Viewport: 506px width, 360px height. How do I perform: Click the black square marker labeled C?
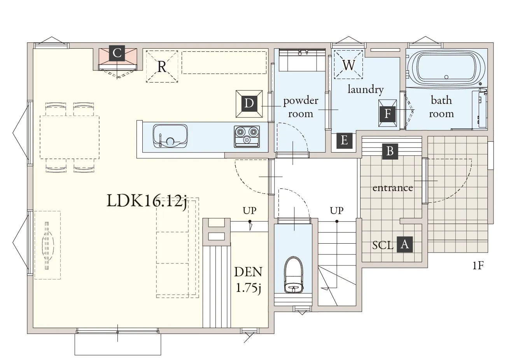[117, 53]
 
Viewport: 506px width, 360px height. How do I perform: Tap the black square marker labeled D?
[249, 104]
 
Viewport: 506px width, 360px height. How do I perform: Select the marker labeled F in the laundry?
[388, 113]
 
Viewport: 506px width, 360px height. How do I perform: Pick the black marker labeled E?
[344, 140]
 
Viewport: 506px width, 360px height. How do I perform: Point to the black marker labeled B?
[390, 151]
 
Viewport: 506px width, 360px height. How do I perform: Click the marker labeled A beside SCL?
[404, 244]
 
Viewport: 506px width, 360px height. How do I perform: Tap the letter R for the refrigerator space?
[162, 67]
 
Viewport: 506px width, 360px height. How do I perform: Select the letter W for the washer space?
[349, 65]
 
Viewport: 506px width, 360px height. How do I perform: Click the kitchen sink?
[170, 136]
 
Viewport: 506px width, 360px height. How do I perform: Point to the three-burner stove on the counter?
[247, 137]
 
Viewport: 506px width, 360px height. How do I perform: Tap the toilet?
[293, 275]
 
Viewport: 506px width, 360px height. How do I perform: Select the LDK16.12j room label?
[147, 201]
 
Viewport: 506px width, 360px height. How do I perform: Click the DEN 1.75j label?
[248, 280]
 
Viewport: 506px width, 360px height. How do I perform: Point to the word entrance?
[392, 188]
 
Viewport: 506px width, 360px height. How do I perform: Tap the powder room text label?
[301, 107]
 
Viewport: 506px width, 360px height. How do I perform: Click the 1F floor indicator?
[478, 265]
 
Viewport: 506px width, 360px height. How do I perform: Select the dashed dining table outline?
[70, 137]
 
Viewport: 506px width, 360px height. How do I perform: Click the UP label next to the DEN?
[250, 211]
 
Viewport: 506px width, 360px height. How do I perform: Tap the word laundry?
[366, 90]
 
